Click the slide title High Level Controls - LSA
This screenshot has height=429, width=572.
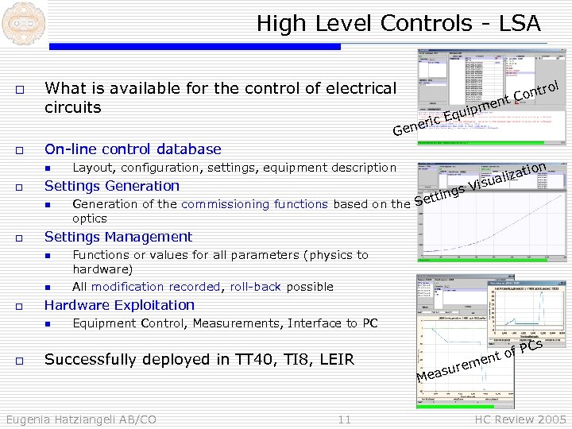pos(398,24)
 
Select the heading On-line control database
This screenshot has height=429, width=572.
pos(133,149)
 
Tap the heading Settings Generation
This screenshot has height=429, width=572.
pos(112,186)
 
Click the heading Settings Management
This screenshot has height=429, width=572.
pos(118,237)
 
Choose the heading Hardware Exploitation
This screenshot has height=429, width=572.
pos(119,305)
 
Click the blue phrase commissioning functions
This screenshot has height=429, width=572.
pos(254,204)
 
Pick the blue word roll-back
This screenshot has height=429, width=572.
pos(255,287)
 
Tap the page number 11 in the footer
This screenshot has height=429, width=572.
pos(344,419)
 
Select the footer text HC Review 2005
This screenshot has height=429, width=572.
pos(520,419)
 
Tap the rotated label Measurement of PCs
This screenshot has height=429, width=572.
pos(480,361)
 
